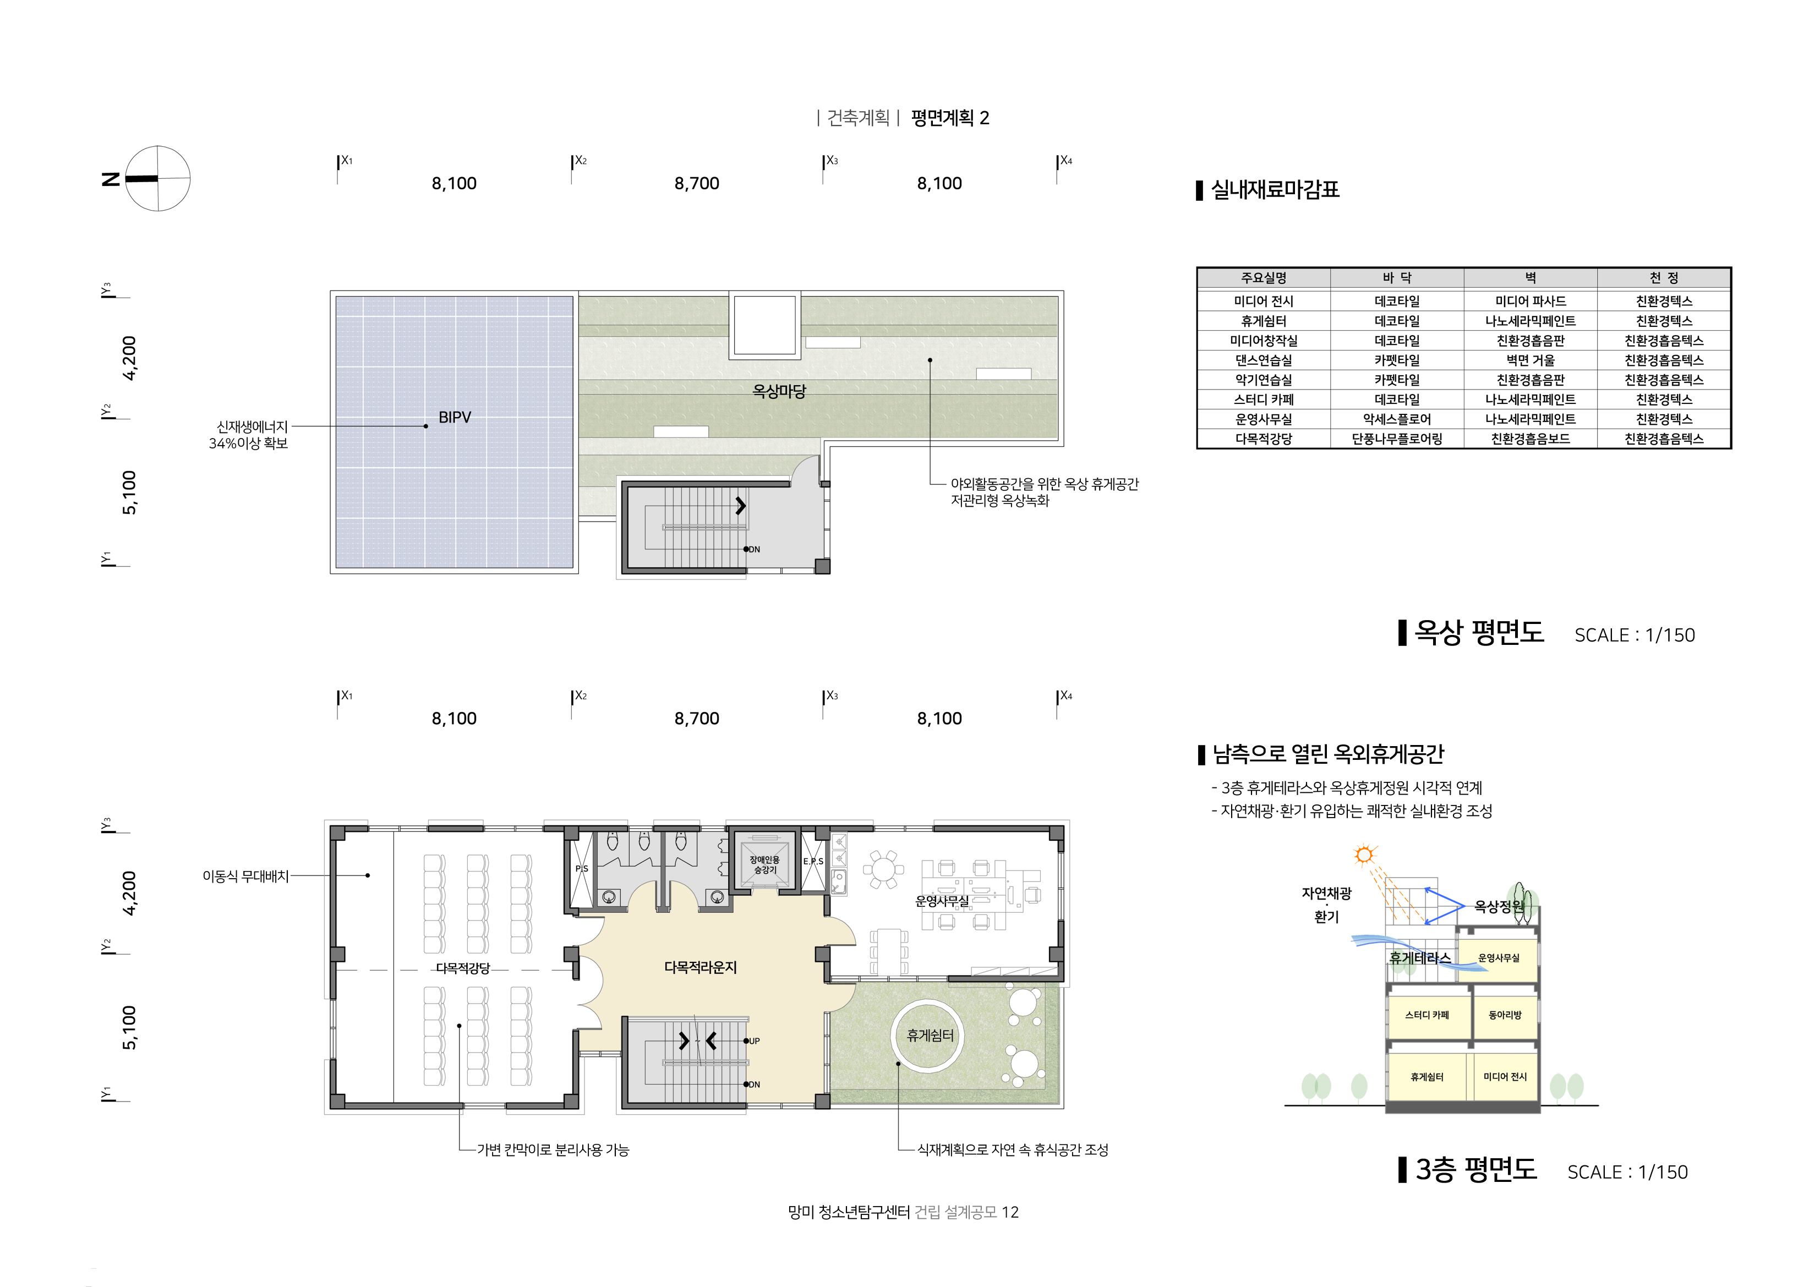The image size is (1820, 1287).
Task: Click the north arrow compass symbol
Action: (x=158, y=178)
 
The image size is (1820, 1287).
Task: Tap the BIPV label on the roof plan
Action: (x=454, y=418)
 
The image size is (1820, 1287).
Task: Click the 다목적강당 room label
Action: (x=463, y=968)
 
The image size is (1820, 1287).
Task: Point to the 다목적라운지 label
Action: (x=700, y=968)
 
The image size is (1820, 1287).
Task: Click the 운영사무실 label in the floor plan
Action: (x=942, y=901)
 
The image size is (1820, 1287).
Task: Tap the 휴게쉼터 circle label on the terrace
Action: (x=930, y=1035)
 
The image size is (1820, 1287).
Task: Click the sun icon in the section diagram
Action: (x=1363, y=855)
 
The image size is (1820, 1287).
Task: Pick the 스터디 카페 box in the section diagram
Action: (x=1427, y=1015)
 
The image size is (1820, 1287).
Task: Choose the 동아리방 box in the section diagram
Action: (x=1505, y=1015)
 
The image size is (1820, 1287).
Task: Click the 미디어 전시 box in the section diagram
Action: (x=1505, y=1077)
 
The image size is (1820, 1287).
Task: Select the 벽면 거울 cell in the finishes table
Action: (x=1530, y=360)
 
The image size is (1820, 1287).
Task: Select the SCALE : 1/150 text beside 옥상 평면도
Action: (x=1635, y=635)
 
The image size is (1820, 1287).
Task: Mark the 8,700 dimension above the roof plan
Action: (x=697, y=184)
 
